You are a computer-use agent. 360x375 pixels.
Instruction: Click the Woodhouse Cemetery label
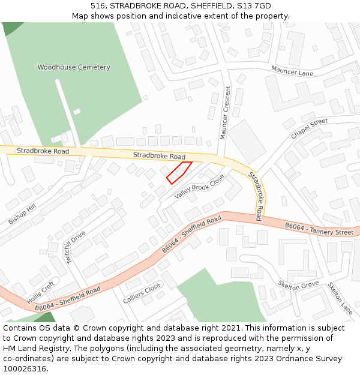point(74,67)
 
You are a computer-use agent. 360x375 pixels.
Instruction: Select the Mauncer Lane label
point(292,71)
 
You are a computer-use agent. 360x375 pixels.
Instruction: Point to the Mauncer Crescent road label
point(224,113)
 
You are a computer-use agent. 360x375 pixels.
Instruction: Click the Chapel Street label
point(309,129)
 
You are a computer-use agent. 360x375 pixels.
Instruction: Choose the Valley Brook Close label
point(199,187)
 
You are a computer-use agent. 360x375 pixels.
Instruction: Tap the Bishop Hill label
point(22,214)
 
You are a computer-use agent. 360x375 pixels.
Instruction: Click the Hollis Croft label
point(40,292)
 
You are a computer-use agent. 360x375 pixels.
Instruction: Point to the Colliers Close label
point(142,292)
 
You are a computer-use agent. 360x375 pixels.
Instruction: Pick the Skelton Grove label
point(298,284)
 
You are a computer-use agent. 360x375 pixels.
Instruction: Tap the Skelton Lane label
point(340,298)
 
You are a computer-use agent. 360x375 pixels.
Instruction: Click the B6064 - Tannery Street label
point(319,229)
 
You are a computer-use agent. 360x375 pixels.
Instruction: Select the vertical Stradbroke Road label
point(256,196)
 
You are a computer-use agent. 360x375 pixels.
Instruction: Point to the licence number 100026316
point(25,368)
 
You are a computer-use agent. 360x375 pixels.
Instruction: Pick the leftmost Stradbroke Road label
point(43,151)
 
